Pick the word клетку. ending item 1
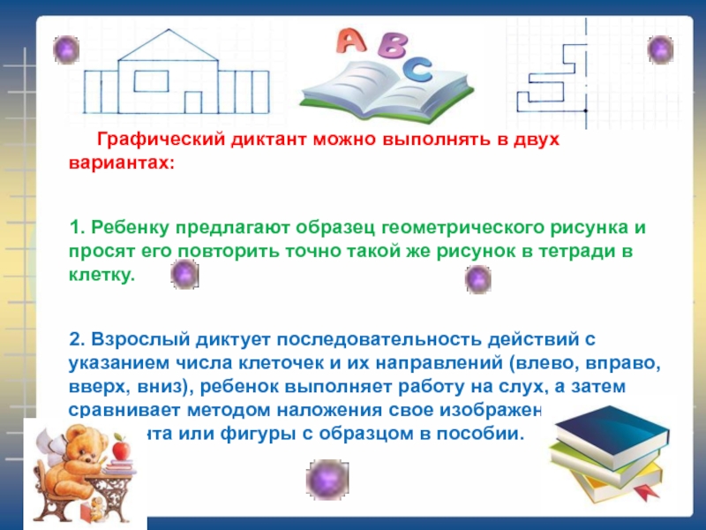(102, 274)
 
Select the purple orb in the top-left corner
(65, 48)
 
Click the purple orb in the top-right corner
(660, 49)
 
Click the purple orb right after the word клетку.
(184, 275)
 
